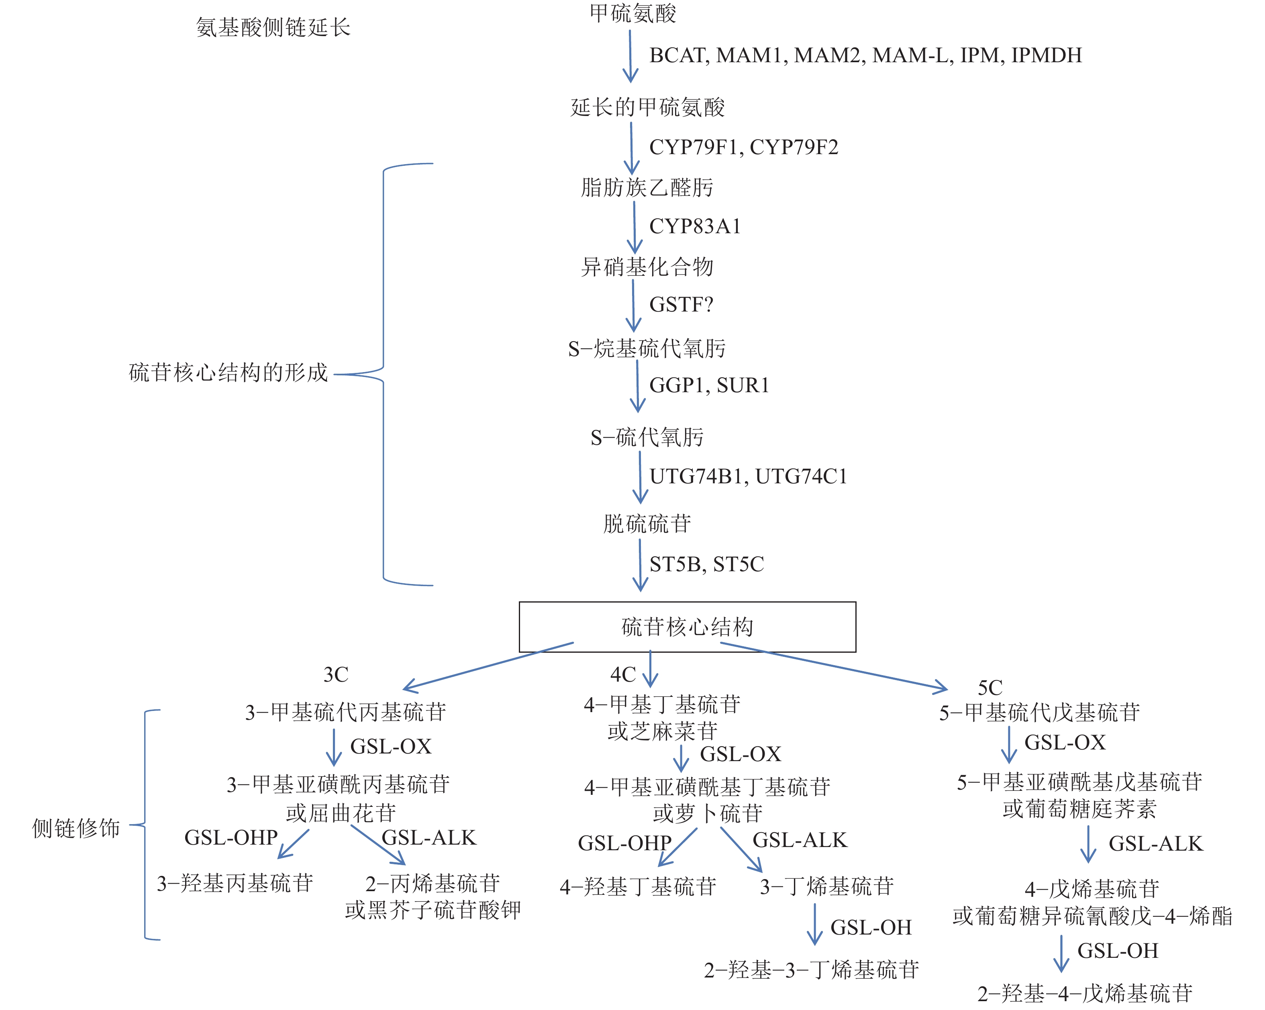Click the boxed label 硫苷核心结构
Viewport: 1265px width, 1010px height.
point(687,627)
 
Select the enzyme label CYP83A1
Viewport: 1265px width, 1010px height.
point(695,226)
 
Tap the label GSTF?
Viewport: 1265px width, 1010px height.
point(681,304)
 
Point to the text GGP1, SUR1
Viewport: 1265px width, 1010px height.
point(709,385)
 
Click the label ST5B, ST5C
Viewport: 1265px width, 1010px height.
point(706,564)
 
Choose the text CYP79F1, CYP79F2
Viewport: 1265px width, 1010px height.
point(743,147)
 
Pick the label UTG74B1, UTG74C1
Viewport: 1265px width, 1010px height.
point(748,476)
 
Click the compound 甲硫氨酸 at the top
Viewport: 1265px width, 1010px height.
point(632,14)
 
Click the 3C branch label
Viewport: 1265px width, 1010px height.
point(336,674)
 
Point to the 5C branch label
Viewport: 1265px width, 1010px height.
point(990,687)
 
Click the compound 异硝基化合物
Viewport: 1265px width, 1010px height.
point(647,267)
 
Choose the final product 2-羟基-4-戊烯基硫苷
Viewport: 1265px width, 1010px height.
point(1085,993)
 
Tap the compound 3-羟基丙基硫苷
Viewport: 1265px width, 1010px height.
point(235,883)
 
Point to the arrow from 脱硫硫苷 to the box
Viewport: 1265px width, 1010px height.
point(640,564)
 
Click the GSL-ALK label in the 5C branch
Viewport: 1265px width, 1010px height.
point(1155,843)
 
